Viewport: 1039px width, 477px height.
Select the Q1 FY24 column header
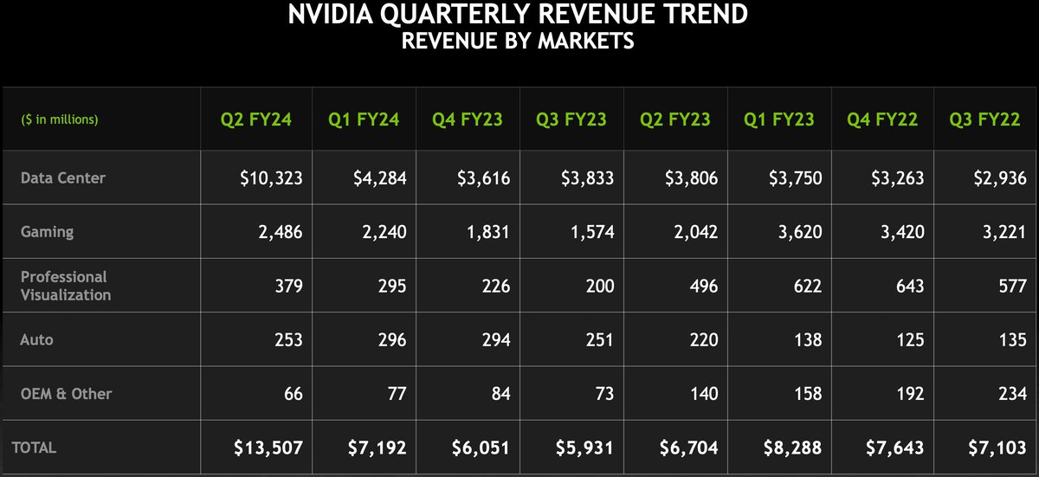364,119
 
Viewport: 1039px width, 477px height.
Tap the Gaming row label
47,232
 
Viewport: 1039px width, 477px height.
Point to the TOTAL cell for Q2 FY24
268,448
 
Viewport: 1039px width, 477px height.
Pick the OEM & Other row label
67,394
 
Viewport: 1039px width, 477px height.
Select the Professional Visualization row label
66,286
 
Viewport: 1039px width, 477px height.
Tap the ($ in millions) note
60,119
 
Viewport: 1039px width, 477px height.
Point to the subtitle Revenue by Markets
518,41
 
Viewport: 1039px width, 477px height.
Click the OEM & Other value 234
1012,394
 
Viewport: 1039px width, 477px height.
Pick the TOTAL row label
34,448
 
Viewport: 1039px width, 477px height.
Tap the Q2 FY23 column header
675,119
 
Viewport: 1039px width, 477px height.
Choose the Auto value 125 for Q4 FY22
908,339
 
